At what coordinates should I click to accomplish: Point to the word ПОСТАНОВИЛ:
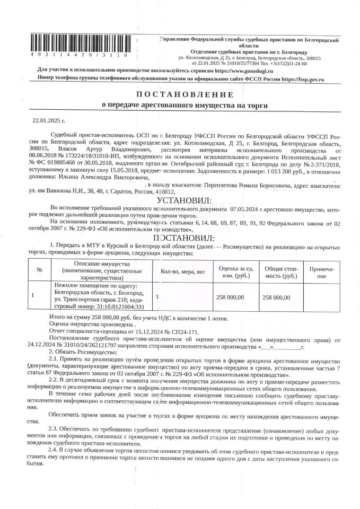183,238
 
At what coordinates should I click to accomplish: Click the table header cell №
40,270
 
